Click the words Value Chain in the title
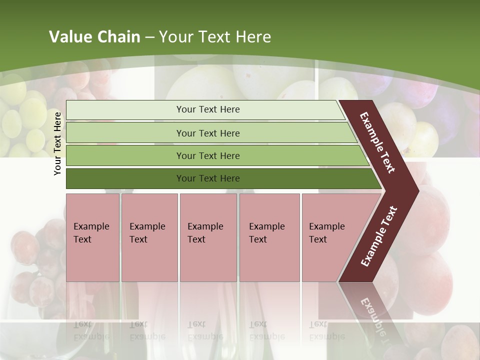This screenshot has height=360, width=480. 94,37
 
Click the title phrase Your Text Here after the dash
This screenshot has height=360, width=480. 215,37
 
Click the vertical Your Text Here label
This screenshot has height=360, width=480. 57,143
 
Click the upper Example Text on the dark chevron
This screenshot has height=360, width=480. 377,142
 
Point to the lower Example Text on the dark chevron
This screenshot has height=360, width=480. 378,236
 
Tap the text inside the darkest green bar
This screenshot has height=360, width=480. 208,178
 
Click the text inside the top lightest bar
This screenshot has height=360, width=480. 208,109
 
